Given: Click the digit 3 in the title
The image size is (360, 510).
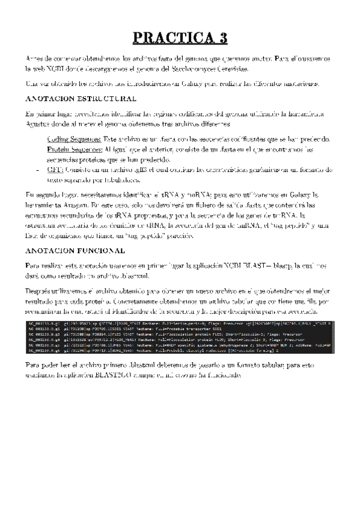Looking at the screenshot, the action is (221, 37).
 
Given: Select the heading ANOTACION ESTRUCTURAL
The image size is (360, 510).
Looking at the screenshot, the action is (81, 98).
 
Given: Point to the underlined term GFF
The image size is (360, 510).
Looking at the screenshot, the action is (55, 170).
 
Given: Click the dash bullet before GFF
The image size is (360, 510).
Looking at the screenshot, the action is (38, 170).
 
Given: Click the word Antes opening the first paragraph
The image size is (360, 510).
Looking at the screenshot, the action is (36, 58).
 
